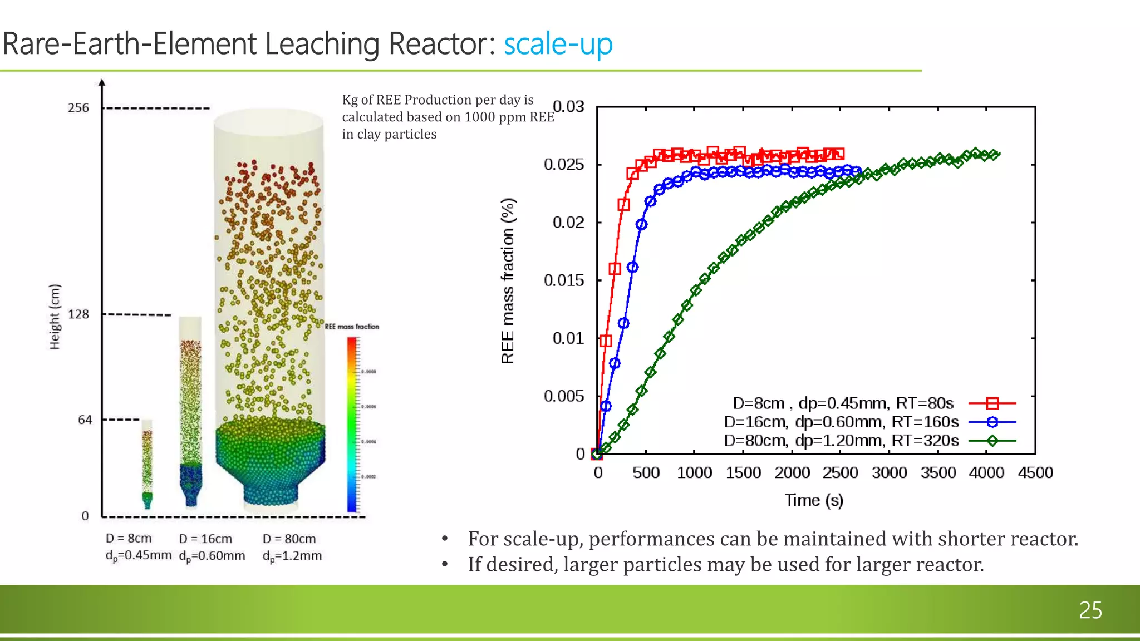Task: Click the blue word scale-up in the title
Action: pyautogui.click(x=558, y=45)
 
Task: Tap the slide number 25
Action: pyautogui.click(x=1090, y=610)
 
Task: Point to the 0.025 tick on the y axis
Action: pyautogui.click(x=564, y=165)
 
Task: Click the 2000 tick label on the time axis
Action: pyautogui.click(x=792, y=473)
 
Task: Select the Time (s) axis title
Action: pyautogui.click(x=814, y=500)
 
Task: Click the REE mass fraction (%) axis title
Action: pyautogui.click(x=508, y=281)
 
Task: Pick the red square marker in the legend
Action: pyautogui.click(x=992, y=403)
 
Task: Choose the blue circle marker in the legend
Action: pyautogui.click(x=992, y=422)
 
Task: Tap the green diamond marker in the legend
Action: pyautogui.click(x=992, y=441)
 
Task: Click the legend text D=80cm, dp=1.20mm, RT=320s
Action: pyautogui.click(x=841, y=441)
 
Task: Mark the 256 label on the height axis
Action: pyautogui.click(x=78, y=108)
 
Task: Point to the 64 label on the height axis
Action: pyautogui.click(x=85, y=420)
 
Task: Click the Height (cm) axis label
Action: pyautogui.click(x=55, y=317)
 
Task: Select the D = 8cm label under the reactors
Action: pyautogui.click(x=129, y=539)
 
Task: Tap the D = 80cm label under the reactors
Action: pyautogui.click(x=289, y=539)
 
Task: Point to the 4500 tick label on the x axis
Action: pyautogui.click(x=1035, y=473)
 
